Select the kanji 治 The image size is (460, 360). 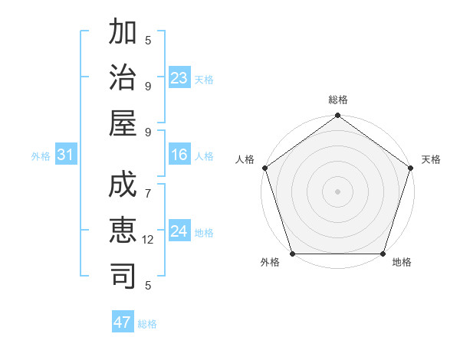(x=123, y=77)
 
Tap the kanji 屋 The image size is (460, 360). (x=123, y=123)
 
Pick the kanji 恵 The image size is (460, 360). (x=123, y=231)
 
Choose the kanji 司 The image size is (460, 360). (x=123, y=276)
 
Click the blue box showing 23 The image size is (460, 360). (x=179, y=78)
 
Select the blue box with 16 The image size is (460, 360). (x=179, y=155)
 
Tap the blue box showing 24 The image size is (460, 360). (x=179, y=231)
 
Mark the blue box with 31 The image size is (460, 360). (x=66, y=155)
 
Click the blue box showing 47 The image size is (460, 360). (x=123, y=322)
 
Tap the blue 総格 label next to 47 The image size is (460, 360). (x=147, y=324)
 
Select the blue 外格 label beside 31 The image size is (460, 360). (x=41, y=156)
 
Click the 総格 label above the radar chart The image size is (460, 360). (x=338, y=100)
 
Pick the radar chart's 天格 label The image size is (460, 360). (x=432, y=159)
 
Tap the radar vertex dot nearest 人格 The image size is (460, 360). (x=265, y=168)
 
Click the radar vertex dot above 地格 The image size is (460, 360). (x=383, y=254)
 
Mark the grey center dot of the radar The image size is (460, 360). (x=338, y=191)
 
